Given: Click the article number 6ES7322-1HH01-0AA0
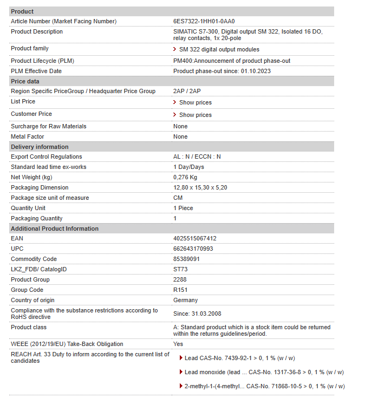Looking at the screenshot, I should pos(204,21).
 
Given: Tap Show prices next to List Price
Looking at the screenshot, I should pos(195,102).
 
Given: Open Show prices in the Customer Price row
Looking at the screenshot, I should pos(195,115).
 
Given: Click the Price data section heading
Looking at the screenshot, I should pos(25,81).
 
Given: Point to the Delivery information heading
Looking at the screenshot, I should pos(40,147).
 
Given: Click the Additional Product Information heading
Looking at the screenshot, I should pos(55,229).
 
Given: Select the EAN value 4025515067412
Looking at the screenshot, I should pos(194,238).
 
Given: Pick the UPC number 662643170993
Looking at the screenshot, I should pos(193,249).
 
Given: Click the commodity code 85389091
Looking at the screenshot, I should pos(186,259).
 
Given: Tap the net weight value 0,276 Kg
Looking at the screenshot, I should pos(185,177).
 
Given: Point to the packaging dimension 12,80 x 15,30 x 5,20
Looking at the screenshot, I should pos(200,187).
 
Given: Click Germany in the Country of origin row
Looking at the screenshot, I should pos(185,300).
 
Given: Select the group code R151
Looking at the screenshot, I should pos(180,290).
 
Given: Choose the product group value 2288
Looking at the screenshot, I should pos(179,279).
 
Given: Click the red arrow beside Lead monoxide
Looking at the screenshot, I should pos(180,372).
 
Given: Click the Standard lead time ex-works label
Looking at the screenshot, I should pos(49,167).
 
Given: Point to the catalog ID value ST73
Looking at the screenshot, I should pos(180,269).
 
